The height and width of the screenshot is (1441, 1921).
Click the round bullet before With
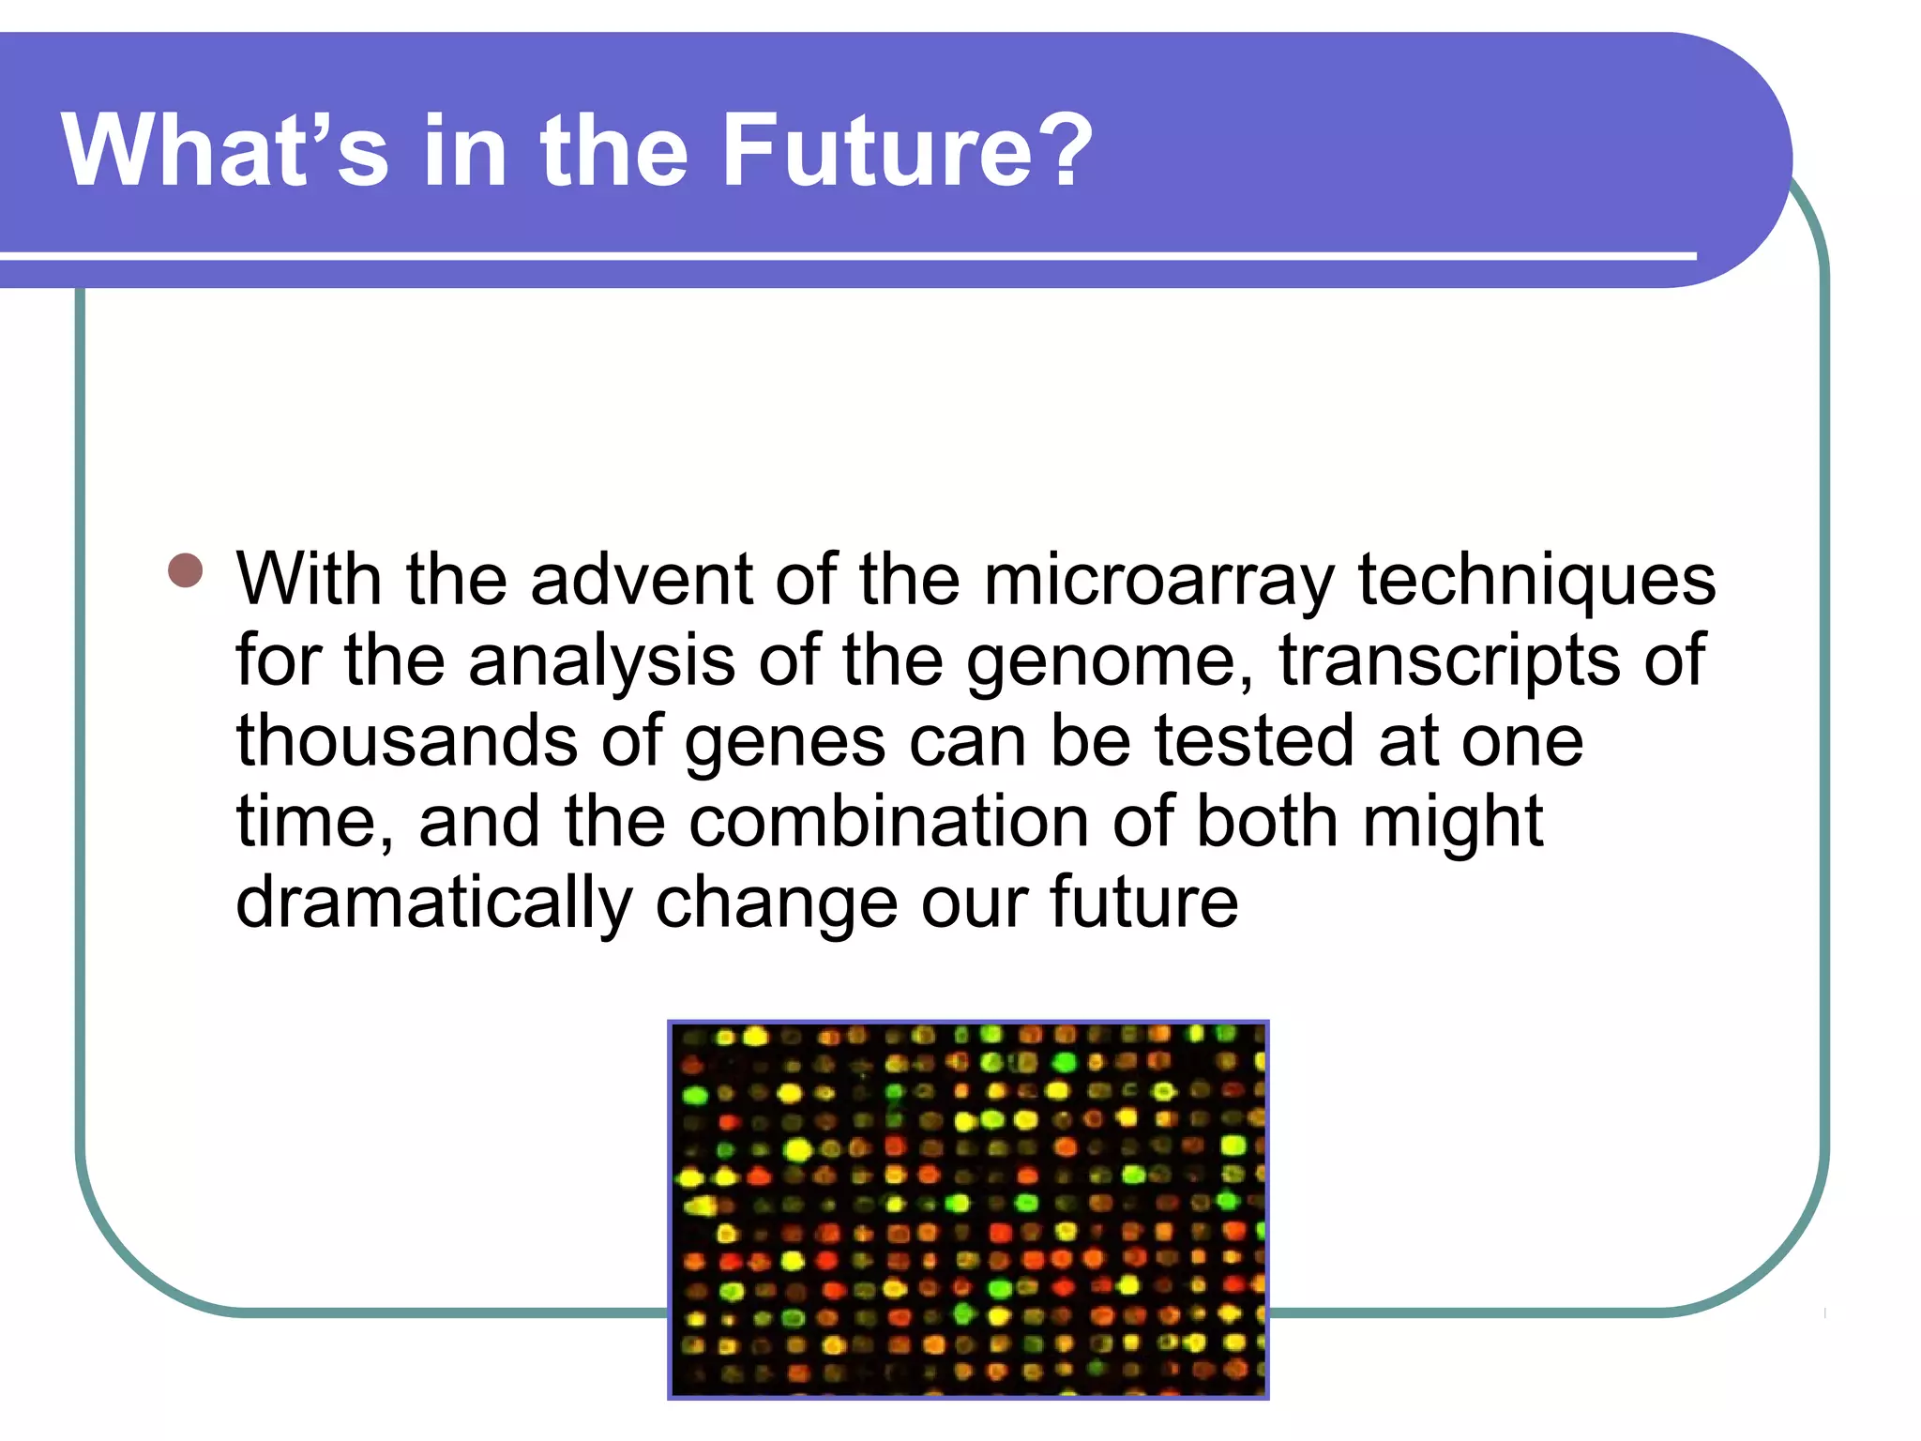186,570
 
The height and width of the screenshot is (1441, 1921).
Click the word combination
889,822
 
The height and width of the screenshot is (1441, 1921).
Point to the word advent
641,580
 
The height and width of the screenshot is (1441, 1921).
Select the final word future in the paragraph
1143,903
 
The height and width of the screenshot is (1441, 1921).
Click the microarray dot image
968,1210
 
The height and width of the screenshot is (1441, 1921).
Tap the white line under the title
844,255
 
